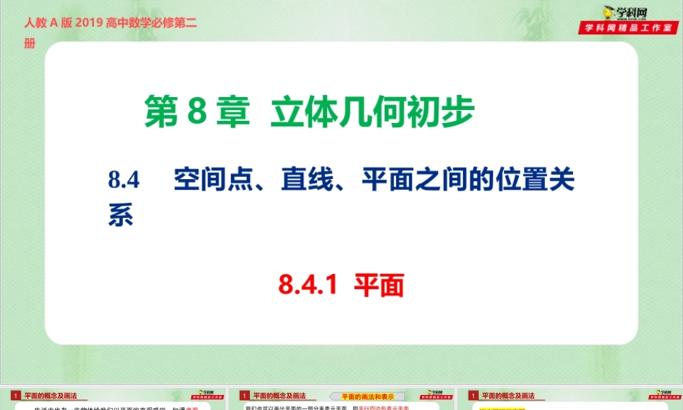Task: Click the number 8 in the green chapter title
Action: click(x=195, y=113)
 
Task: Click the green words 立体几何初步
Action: click(x=372, y=113)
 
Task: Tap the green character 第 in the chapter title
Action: click(x=161, y=113)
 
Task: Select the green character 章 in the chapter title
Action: click(x=232, y=113)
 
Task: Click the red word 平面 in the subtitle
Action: click(x=379, y=285)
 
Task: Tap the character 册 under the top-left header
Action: click(x=29, y=44)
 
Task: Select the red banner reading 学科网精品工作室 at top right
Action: click(x=630, y=28)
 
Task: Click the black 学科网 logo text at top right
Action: click(x=636, y=11)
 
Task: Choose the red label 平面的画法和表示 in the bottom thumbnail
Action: click(x=368, y=396)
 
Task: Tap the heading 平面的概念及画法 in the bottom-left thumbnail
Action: click(x=51, y=396)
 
